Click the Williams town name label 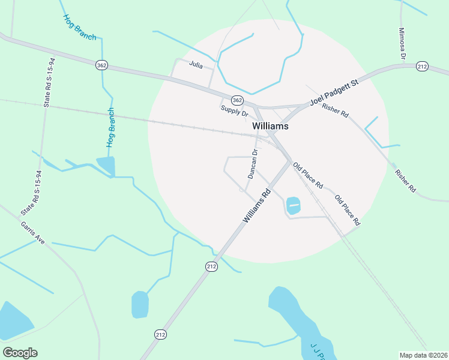click(x=270, y=127)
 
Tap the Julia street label click(x=196, y=64)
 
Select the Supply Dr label click(x=234, y=110)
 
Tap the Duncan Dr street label click(x=253, y=164)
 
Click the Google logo click(x=20, y=353)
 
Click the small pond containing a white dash click(x=293, y=205)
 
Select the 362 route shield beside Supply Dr click(x=237, y=100)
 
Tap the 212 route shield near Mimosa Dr click(x=422, y=67)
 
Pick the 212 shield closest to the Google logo click(x=160, y=334)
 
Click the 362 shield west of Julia click(x=101, y=64)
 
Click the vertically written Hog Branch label click(x=110, y=128)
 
